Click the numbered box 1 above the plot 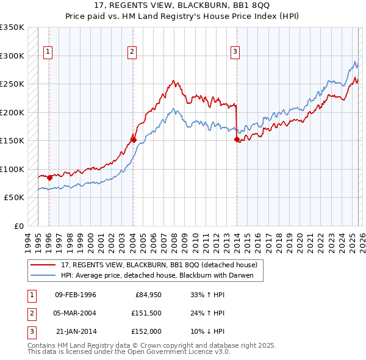(48, 52)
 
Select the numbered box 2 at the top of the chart (132, 52)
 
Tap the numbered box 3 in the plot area (235, 52)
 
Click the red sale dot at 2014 (236, 140)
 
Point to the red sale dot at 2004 (133, 140)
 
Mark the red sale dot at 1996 (49, 178)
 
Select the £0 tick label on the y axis (18, 226)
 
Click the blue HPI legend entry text (162, 275)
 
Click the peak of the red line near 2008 (174, 81)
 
